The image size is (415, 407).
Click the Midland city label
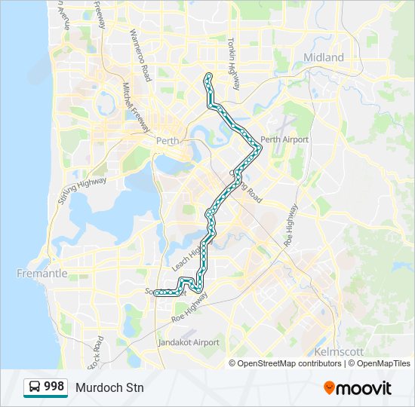coord(323,57)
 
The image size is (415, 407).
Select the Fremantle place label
coord(42,274)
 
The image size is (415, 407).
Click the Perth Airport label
coord(284,139)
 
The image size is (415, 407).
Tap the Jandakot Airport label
coord(189,342)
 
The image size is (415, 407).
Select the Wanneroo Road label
coord(140,56)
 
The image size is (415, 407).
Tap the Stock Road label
coord(96,353)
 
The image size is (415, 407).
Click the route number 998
coord(54,387)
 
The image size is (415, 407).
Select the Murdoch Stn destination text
coord(109,387)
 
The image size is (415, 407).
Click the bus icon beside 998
coord(34,387)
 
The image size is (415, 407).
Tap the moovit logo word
coord(364,388)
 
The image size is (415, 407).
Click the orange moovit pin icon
coord(329,388)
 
